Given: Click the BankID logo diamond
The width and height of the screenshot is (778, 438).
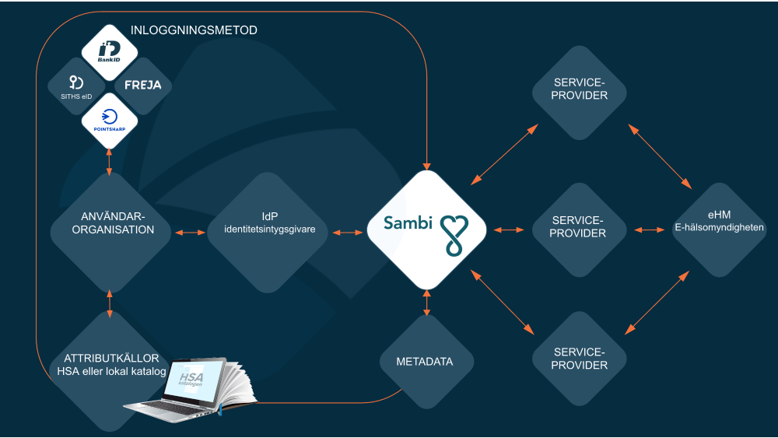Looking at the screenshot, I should (110, 52).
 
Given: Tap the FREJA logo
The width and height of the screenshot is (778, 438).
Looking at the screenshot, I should (143, 85).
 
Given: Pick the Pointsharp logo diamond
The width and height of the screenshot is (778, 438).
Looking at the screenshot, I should (110, 120).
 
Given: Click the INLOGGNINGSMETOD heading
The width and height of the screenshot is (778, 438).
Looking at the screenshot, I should (194, 30).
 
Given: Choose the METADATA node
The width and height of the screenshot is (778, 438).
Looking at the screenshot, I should (424, 362).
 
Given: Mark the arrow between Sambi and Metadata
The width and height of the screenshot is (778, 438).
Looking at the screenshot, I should (426, 302).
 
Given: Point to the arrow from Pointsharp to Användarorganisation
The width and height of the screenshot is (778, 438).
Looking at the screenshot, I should (110, 161).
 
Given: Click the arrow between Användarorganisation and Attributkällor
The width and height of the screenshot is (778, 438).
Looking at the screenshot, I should (110, 303).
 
